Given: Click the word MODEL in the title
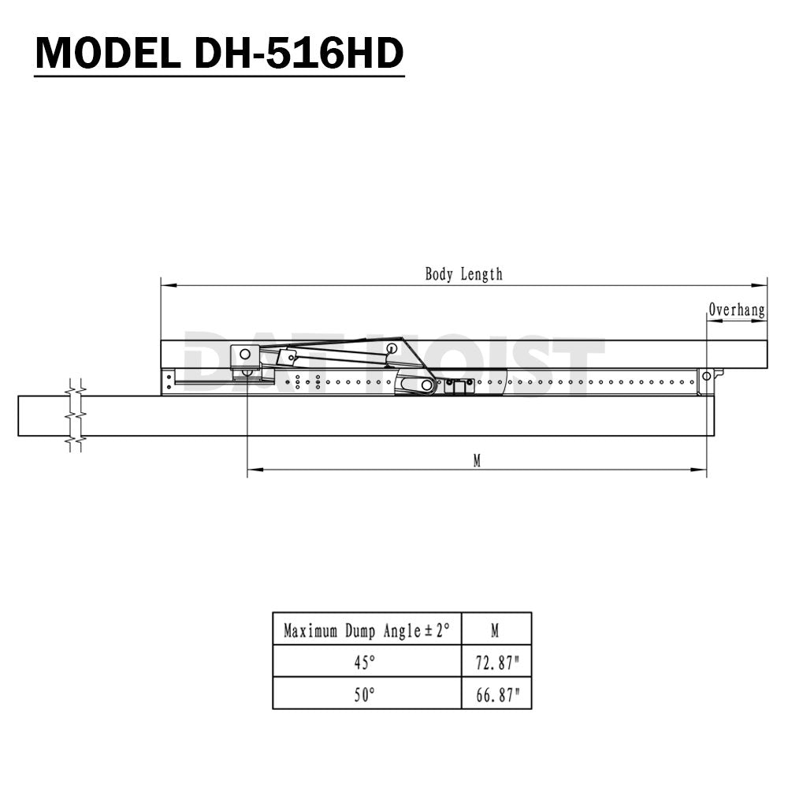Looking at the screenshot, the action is [107, 54].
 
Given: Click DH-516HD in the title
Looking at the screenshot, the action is [299, 54].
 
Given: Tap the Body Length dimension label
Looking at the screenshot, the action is [463, 274].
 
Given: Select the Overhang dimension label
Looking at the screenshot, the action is [737, 310].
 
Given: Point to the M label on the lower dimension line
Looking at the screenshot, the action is [477, 461].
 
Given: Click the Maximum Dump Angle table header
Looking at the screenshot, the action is [366, 630].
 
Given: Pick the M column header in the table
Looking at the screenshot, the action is [495, 630].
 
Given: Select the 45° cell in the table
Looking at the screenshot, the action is [364, 663].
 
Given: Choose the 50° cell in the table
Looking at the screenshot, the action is [364, 694].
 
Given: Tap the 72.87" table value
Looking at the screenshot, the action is [496, 663].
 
